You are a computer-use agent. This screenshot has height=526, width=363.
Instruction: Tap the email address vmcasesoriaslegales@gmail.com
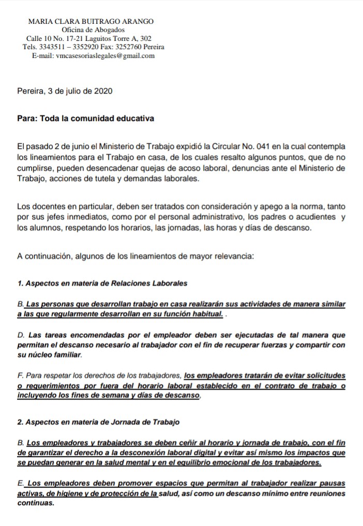pos(105,56)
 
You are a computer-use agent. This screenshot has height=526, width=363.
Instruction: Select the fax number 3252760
pos(129,47)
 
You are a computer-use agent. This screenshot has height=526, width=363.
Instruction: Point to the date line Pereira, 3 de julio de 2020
pos(65,91)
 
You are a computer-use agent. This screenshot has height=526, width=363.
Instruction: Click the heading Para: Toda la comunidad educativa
pos(85,118)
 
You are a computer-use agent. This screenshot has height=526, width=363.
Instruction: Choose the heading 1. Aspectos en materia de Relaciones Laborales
pos(102,283)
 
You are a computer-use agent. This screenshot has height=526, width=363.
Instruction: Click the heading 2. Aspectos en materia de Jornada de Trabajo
pos(98,422)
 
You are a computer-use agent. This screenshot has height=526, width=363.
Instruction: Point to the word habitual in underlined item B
pos(205,314)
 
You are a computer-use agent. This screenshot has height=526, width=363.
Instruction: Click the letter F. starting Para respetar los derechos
pos(20,375)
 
